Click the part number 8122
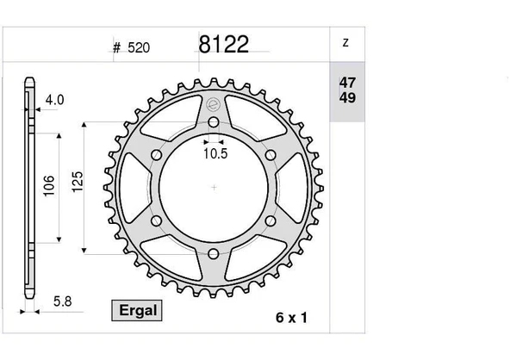223,45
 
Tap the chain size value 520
139,48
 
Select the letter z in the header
345,41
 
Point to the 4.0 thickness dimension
54,101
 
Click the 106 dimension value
49,185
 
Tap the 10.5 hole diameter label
214,155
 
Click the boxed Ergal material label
134,309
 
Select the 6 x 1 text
291,318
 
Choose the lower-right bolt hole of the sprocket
271,221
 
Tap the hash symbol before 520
115,48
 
